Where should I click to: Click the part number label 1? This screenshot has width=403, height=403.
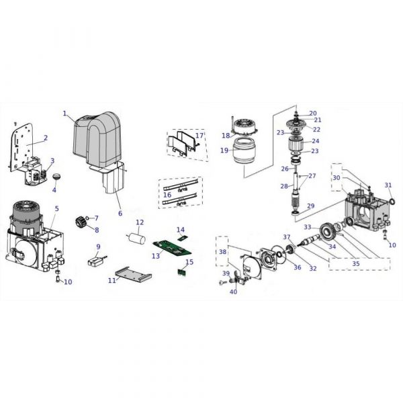point(64,114)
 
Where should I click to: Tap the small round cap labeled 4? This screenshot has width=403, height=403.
point(57,177)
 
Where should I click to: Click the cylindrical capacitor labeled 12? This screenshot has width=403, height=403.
point(137,238)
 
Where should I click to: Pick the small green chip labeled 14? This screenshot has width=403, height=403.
point(182,238)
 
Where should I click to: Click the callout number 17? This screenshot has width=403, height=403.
point(199,136)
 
